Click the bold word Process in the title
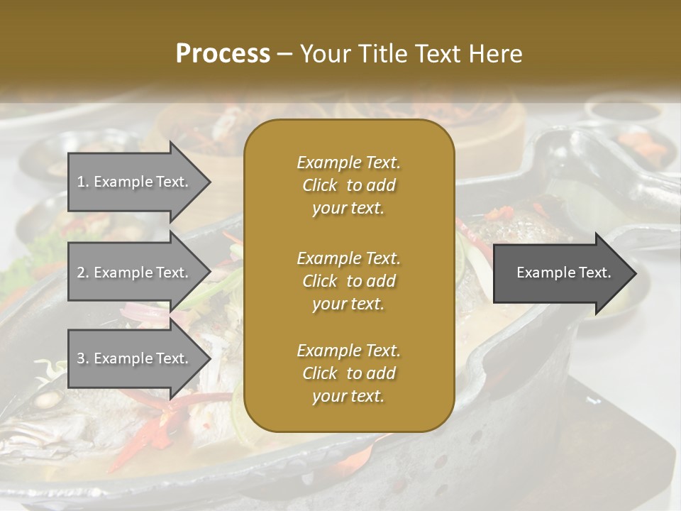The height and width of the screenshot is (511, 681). click(x=223, y=54)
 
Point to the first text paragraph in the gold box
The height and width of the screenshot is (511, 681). click(x=348, y=185)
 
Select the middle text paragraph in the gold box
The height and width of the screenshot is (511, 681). click(x=348, y=281)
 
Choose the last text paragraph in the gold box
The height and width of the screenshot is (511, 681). click(x=348, y=373)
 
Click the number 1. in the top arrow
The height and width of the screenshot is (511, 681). click(x=83, y=182)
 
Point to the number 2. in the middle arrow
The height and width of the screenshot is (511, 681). click(x=83, y=273)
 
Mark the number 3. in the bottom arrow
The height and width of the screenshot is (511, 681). click(x=83, y=358)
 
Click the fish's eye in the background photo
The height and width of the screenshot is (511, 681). click(x=48, y=402)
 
